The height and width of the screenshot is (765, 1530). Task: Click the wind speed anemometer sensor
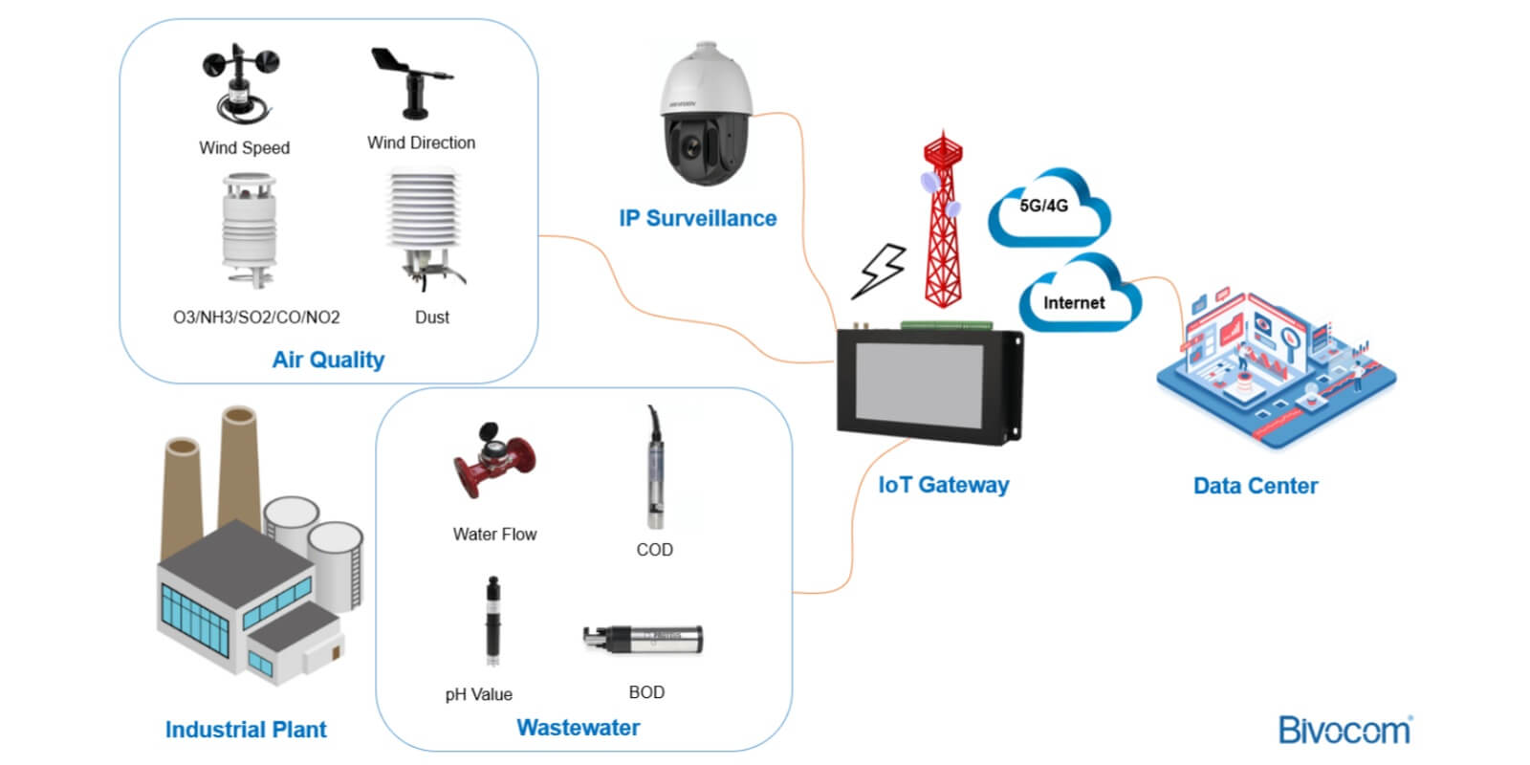[241, 84]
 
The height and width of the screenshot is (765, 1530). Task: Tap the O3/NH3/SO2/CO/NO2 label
[256, 317]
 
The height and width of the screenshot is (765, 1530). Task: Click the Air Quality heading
[328, 360]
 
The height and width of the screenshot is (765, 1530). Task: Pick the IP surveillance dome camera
[707, 114]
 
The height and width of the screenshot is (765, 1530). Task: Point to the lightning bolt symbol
[879, 272]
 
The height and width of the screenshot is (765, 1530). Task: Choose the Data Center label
[1256, 486]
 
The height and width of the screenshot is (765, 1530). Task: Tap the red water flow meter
[494, 460]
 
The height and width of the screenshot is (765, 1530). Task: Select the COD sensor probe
[655, 468]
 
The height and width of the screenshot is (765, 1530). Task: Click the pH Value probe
[492, 621]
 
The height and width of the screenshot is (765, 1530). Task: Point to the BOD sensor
[643, 640]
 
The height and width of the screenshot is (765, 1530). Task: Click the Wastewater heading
[578, 728]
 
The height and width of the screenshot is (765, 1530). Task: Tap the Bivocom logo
[1345, 730]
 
